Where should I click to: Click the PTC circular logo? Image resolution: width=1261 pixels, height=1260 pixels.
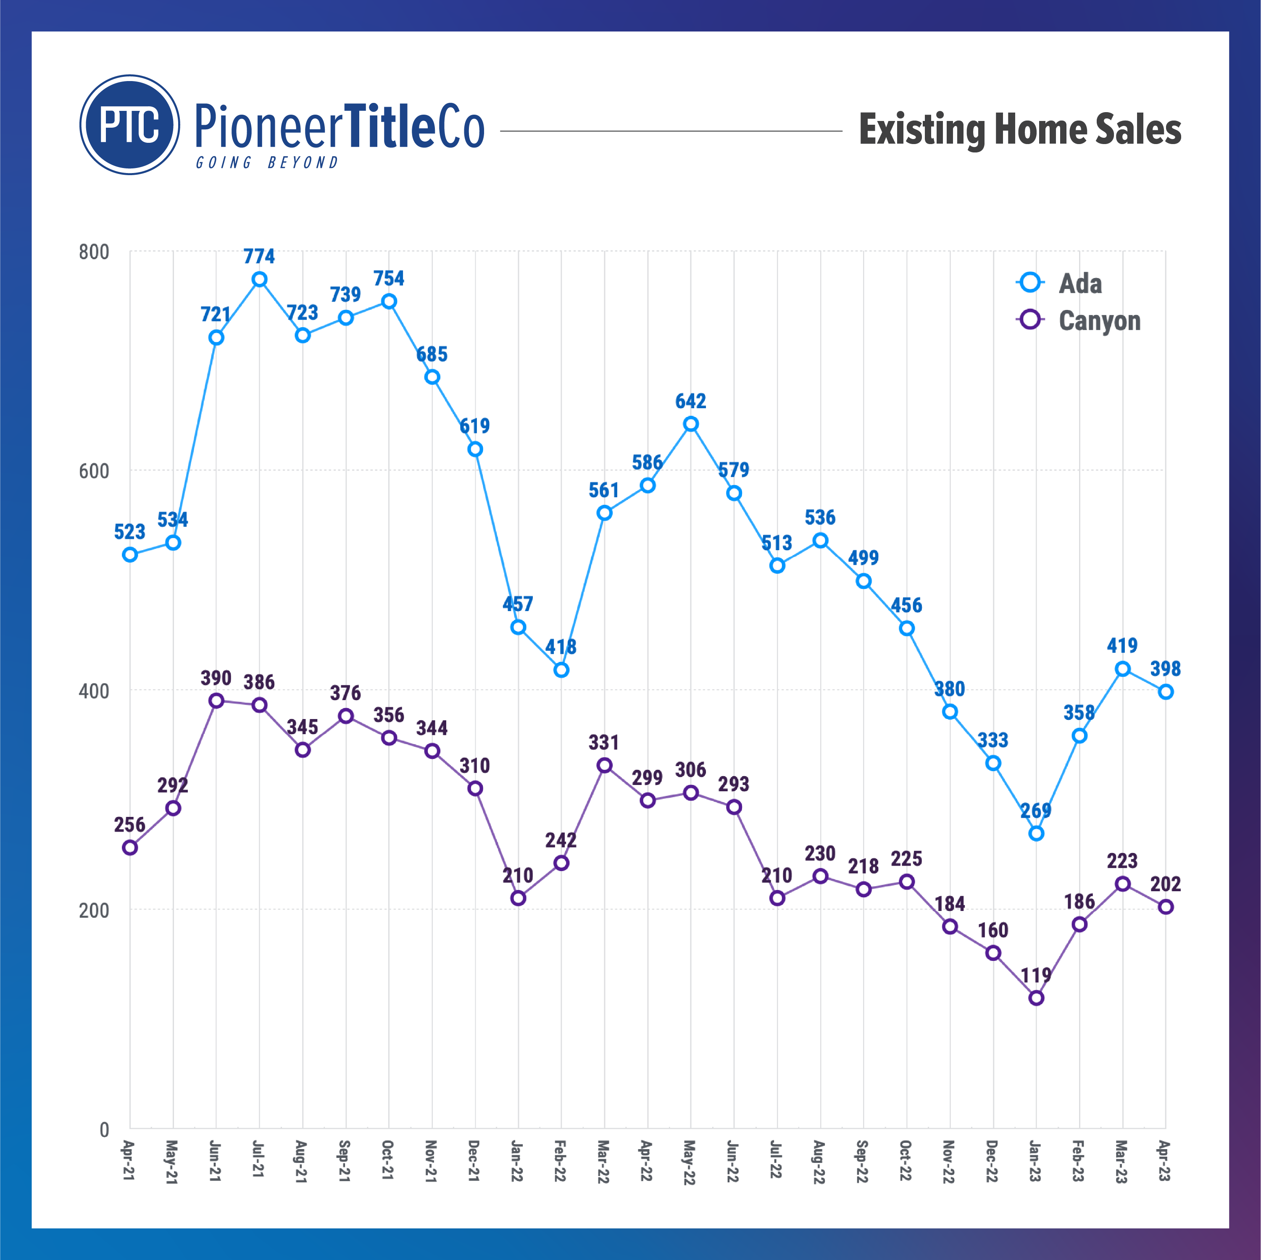click(129, 125)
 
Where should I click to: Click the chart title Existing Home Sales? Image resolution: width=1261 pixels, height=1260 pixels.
click(1019, 129)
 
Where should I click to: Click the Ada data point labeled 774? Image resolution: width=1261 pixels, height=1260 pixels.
click(259, 279)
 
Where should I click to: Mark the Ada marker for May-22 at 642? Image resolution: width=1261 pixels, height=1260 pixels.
click(690, 424)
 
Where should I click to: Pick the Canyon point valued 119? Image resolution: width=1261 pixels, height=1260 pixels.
click(1036, 997)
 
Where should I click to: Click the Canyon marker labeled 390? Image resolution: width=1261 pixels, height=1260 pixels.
click(216, 701)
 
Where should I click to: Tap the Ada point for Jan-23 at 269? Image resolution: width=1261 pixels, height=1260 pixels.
click(1036, 833)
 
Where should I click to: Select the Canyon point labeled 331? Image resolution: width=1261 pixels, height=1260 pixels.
click(604, 765)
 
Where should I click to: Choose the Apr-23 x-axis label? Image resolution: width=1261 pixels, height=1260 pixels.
click(1165, 1160)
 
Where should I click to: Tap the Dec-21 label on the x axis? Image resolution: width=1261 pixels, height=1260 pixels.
click(474, 1160)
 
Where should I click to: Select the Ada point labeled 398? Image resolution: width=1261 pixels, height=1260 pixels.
click(1166, 692)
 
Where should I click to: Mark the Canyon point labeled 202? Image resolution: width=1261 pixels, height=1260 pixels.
click(1166, 907)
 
